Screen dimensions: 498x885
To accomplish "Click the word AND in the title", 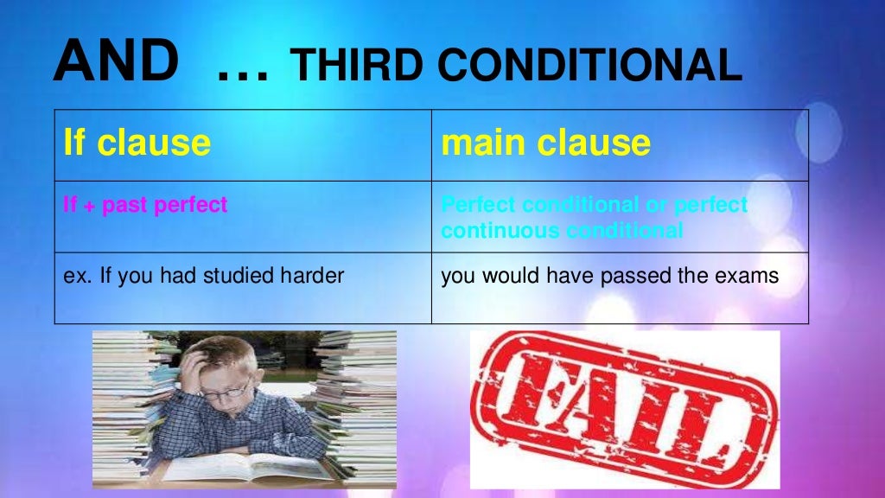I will click(x=116, y=61).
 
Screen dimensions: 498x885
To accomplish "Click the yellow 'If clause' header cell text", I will click(x=137, y=142).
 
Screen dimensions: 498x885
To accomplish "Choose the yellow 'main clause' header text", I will click(x=545, y=142).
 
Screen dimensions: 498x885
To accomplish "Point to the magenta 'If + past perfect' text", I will click(x=145, y=205).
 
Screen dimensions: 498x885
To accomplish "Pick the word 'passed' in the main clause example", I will click(x=634, y=276).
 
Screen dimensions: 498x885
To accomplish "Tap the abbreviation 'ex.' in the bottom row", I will click(x=75, y=276).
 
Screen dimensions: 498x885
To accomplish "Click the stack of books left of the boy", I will click(x=130, y=398).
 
